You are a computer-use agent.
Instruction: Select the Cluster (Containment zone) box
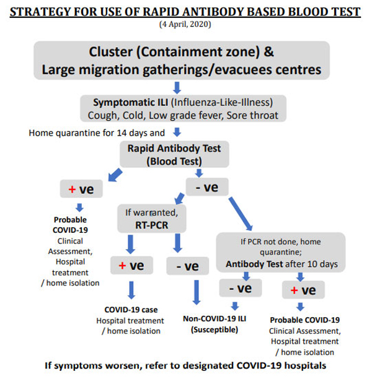click(181, 60)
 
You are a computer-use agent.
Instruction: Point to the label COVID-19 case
click(130, 310)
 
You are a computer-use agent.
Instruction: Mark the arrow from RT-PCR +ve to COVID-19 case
click(131, 290)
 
